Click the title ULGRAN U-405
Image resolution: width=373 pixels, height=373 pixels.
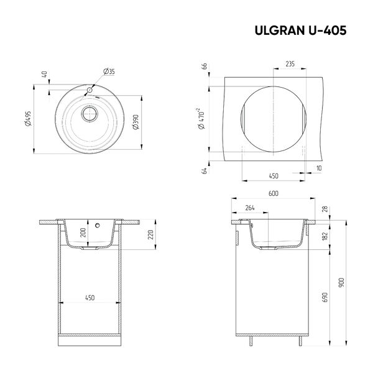point(300,30)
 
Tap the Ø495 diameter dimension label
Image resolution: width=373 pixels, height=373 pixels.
point(29,118)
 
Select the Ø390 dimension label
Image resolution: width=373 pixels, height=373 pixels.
point(136,122)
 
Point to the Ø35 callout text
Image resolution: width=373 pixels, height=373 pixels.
point(109,71)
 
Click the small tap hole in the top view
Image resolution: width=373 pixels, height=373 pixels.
point(90,90)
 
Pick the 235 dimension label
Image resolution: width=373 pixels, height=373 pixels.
point(290,64)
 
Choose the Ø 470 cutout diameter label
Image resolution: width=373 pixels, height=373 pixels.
point(201,119)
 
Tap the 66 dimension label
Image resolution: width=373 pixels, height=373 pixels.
point(205,66)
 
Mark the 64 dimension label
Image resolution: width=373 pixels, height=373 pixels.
point(204,171)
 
